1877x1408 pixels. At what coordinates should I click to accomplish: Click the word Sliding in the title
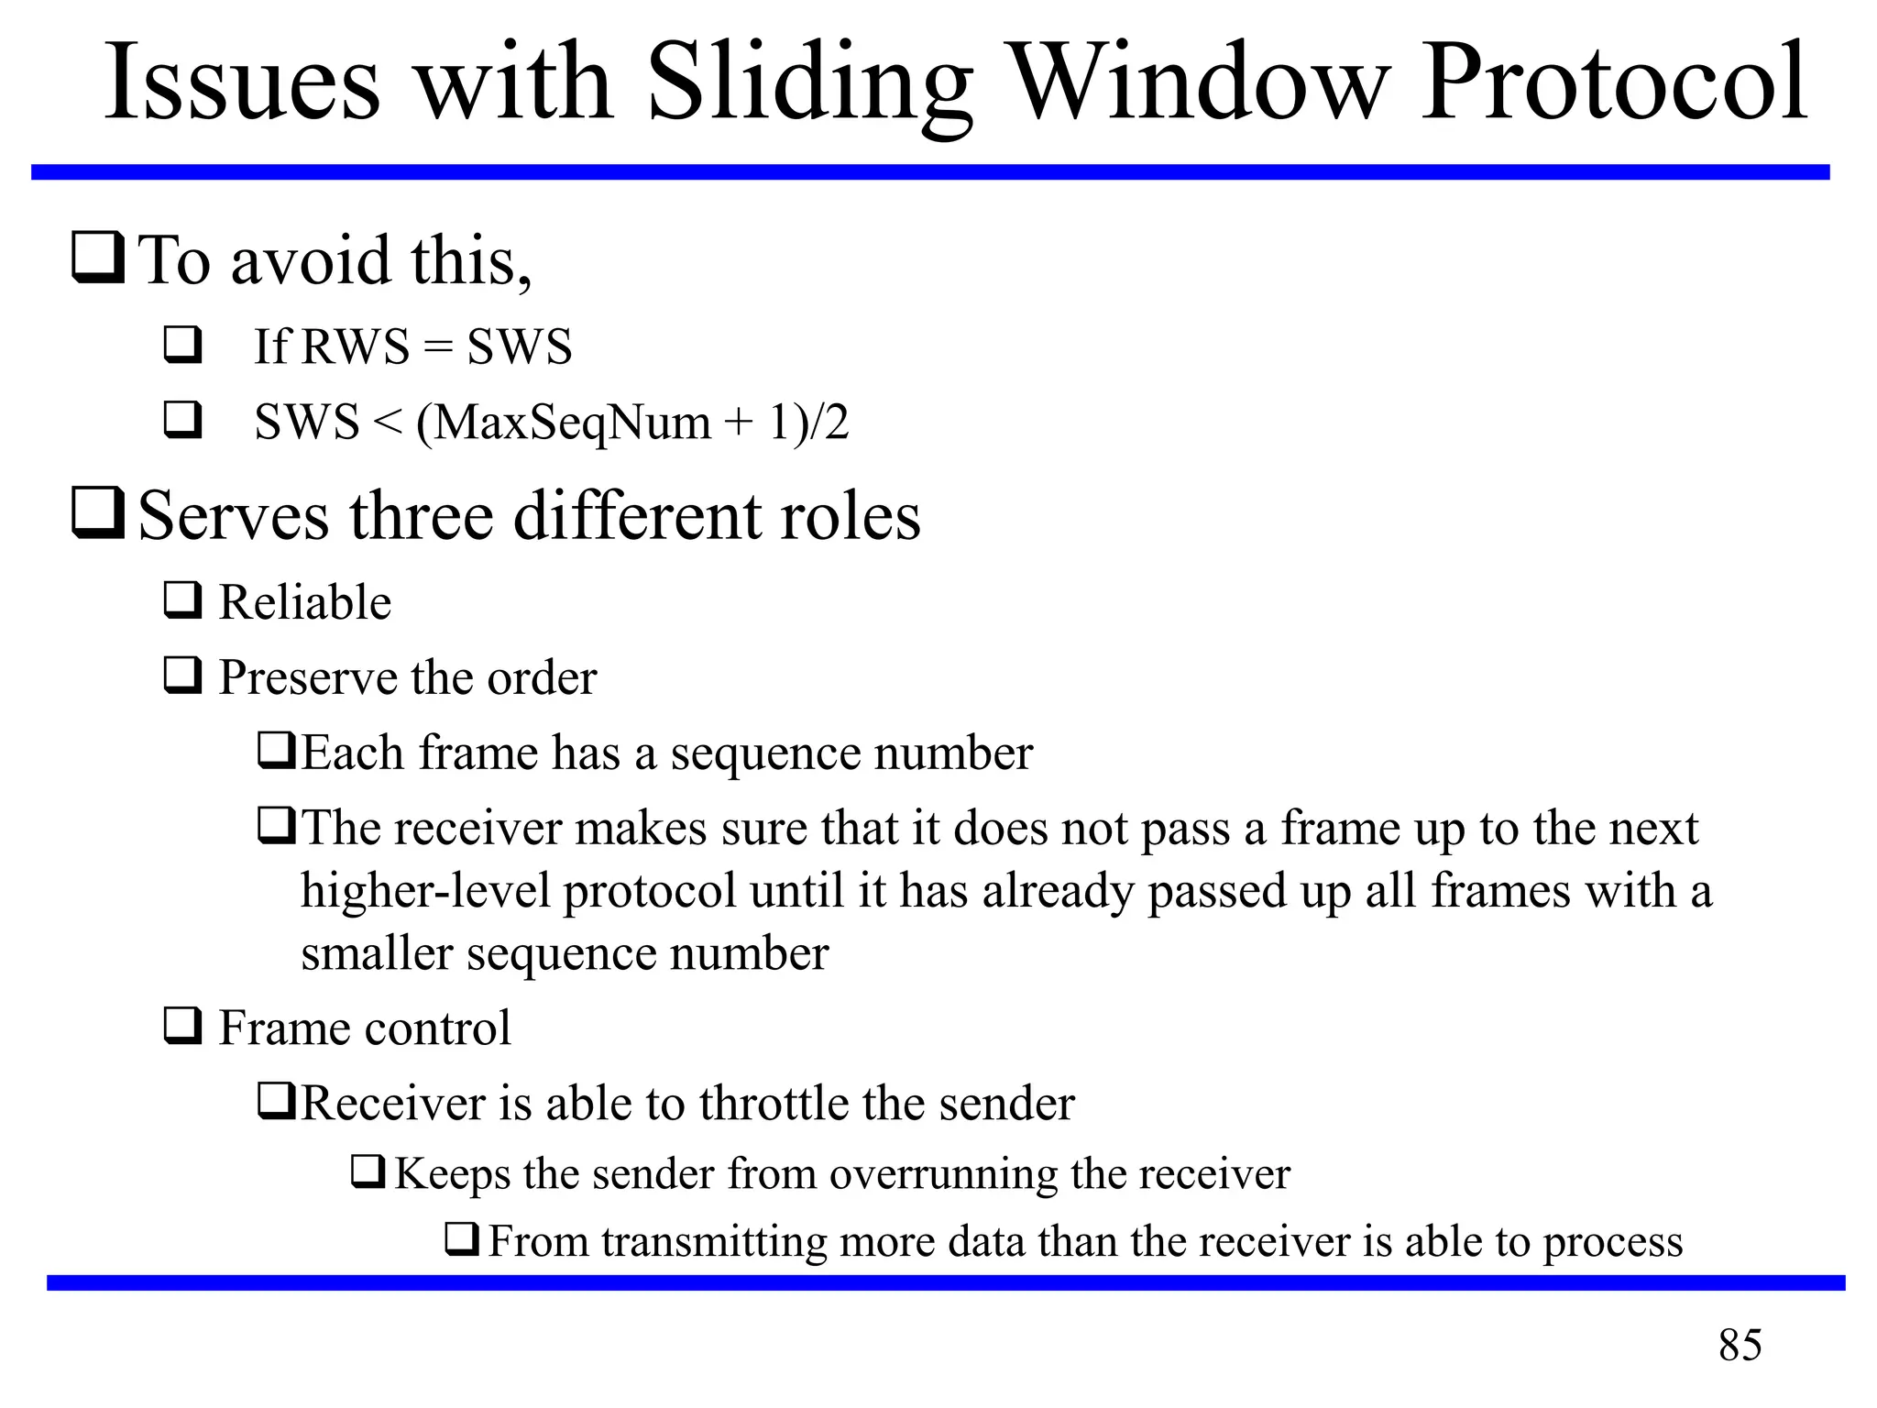click(x=809, y=84)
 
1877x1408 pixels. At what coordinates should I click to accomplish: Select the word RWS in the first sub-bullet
click(x=355, y=347)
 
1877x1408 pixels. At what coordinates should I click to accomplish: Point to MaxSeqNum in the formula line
click(x=564, y=423)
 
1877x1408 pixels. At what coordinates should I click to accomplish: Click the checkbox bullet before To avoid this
click(x=97, y=258)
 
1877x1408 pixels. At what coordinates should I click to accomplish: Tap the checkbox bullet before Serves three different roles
click(x=97, y=512)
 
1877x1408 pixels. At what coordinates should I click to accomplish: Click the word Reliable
click(x=305, y=602)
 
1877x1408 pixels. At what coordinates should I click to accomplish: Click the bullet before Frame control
click(x=182, y=1026)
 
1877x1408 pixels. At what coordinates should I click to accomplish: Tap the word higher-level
click(x=426, y=891)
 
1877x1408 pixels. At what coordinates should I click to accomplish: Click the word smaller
click(x=377, y=953)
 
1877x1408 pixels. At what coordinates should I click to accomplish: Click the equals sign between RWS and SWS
click(x=439, y=347)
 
